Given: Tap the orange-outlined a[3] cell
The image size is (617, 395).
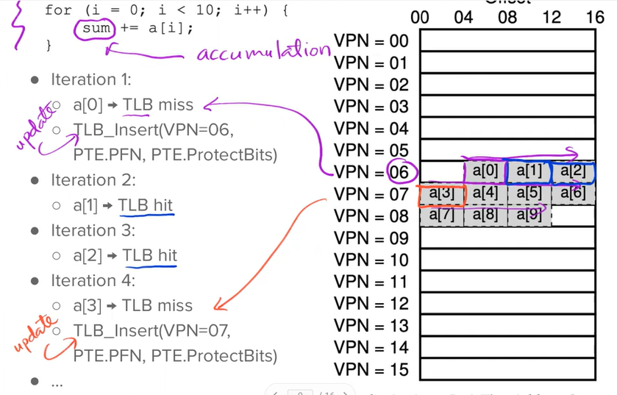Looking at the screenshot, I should coord(442,194).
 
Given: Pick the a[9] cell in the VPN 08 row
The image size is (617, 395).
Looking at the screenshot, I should coord(529,216).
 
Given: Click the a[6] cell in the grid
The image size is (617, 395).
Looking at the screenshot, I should coord(573,194).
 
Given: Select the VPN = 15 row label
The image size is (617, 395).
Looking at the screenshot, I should coord(371,369).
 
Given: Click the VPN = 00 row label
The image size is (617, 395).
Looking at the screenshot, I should coord(371,41).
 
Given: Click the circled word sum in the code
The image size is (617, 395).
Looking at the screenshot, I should coord(96,29).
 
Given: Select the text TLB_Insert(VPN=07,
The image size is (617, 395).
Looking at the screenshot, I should coord(152,331).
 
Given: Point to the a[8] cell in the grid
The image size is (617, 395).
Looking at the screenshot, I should coord(485,216).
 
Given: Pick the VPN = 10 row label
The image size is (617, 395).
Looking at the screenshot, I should coord(371,260).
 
